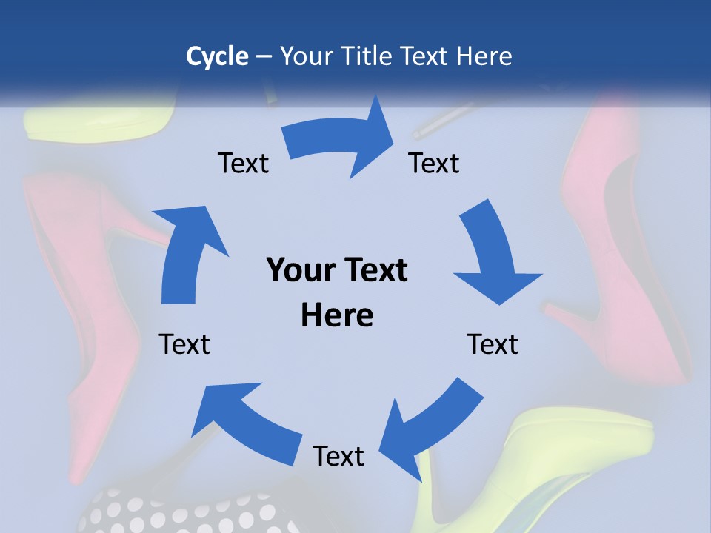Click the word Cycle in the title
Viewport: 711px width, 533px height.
pyautogui.click(x=217, y=56)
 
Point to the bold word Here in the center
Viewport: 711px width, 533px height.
pyautogui.click(x=337, y=315)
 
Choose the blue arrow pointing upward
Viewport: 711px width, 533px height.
pyautogui.click(x=190, y=252)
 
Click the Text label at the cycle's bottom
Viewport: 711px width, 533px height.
pyautogui.click(x=338, y=456)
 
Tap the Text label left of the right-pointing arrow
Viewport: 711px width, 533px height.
pyautogui.click(x=243, y=163)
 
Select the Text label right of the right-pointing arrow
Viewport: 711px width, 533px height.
pyautogui.click(x=434, y=163)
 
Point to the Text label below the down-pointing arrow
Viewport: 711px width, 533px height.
pyautogui.click(x=493, y=344)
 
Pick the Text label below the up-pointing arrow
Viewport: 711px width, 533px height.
pyautogui.click(x=184, y=344)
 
